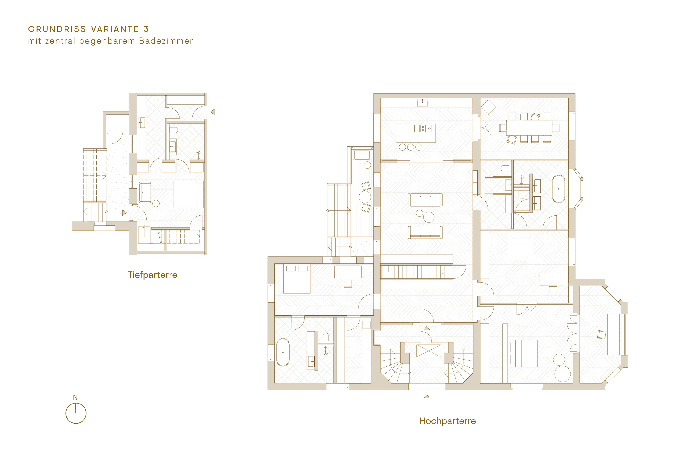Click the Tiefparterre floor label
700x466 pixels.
152,275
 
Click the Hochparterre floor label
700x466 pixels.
447,421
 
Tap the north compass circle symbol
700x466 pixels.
76,413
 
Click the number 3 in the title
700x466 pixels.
146,29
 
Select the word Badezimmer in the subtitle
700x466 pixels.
166,41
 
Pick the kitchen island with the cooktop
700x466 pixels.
416,133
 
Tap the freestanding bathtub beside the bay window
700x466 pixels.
559,189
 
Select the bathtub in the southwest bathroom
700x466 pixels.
283,352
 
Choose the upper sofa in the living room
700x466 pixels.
425,200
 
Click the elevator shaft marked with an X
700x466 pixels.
429,351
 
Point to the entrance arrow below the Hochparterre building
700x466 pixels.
427,396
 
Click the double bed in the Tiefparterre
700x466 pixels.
188,194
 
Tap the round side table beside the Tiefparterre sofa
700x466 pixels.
156,204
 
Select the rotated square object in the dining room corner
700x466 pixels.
488,107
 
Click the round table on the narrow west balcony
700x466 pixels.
365,197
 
